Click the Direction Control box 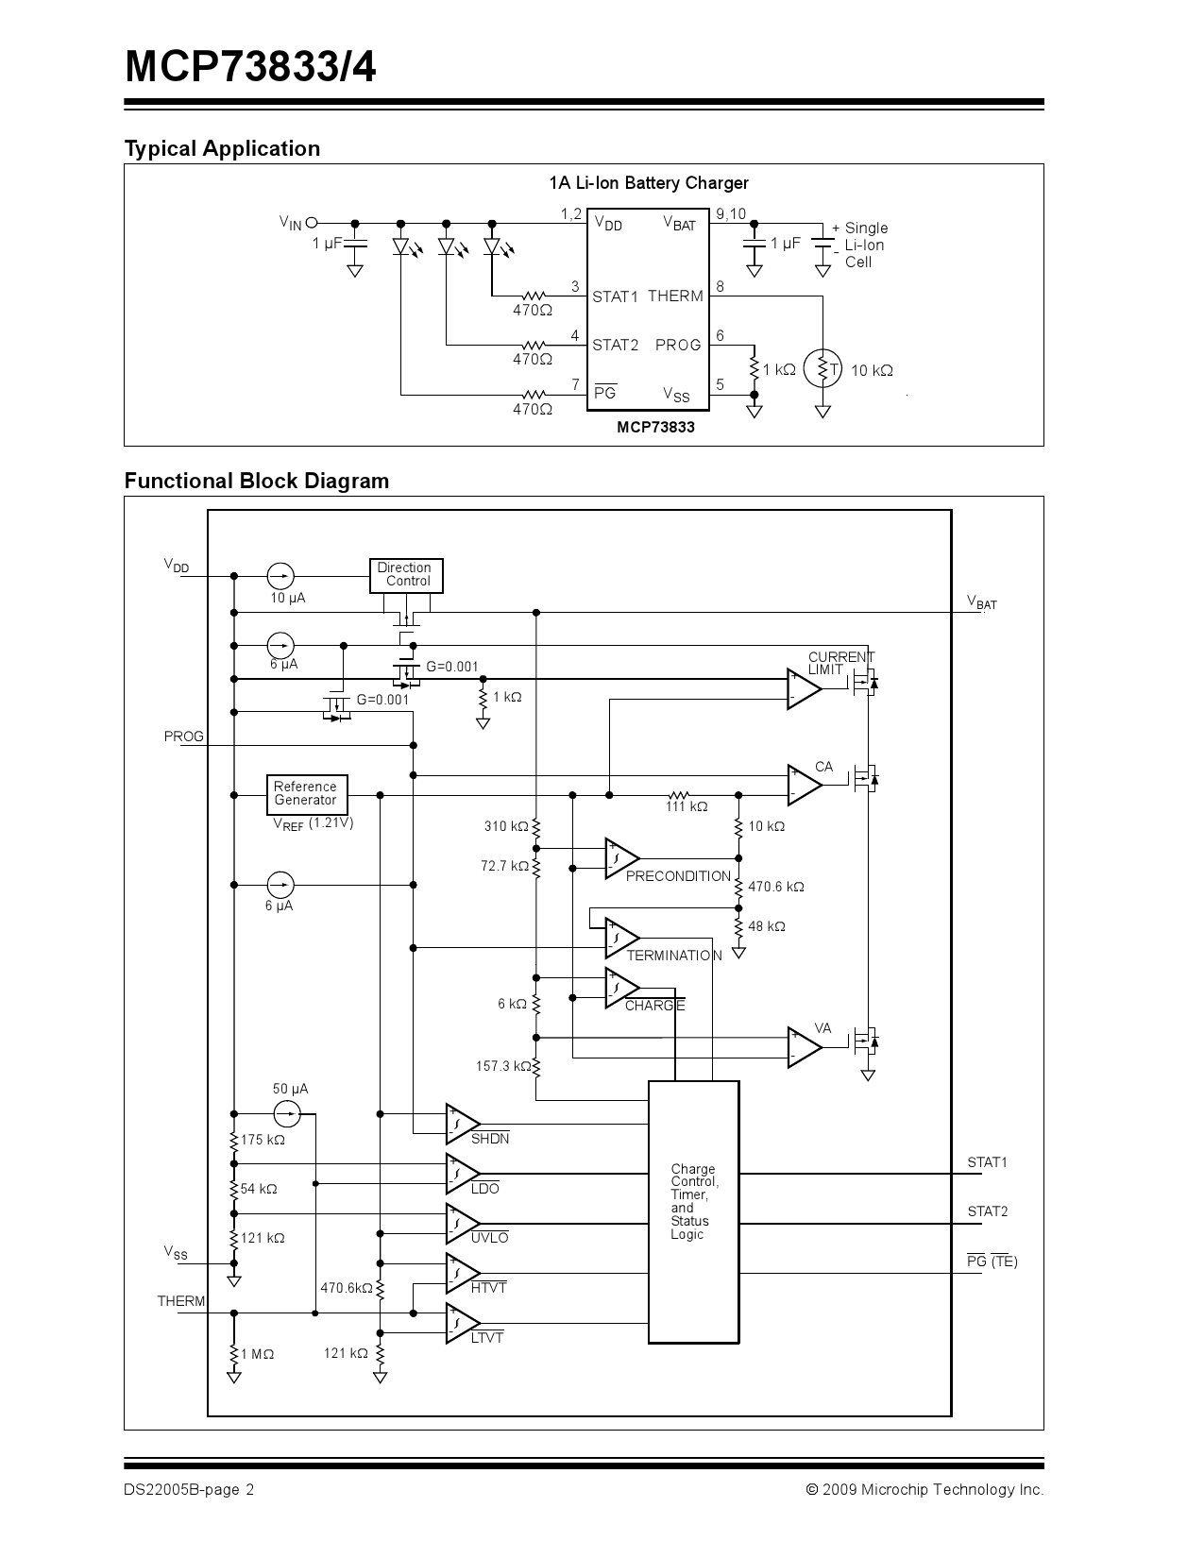[405, 575]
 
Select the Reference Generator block [306, 794]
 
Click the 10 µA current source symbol [280, 575]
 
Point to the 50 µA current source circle [287, 1113]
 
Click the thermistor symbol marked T [823, 369]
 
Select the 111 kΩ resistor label [687, 807]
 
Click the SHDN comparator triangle [461, 1122]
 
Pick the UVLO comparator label [489, 1238]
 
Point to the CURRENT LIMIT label [840, 663]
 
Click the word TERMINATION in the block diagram [673, 956]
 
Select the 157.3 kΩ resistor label [503, 1066]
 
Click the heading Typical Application [222, 148]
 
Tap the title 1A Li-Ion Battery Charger [649, 183]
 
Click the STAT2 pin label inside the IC [615, 346]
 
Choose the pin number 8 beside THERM [721, 286]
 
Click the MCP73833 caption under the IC [655, 427]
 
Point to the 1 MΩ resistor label [257, 1354]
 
